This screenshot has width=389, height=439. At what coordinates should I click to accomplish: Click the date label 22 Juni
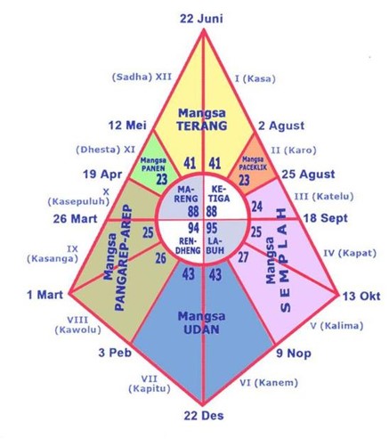[x=201, y=19]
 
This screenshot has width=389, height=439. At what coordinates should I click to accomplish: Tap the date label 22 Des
[x=204, y=416]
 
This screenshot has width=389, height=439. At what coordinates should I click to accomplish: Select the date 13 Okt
[x=361, y=296]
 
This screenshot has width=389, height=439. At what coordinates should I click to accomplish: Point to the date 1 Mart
[x=45, y=295]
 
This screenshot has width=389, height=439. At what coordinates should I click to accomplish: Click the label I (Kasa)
[x=255, y=79]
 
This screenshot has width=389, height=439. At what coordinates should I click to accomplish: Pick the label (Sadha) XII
[x=142, y=77]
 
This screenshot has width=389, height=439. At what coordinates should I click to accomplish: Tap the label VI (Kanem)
[x=269, y=383]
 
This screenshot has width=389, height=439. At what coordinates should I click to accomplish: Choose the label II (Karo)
[x=294, y=150]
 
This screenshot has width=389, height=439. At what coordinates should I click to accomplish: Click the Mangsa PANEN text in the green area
[x=153, y=164]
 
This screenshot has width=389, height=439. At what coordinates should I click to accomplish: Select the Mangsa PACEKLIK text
[x=253, y=164]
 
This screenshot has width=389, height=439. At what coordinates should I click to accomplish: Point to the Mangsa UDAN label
[x=202, y=322]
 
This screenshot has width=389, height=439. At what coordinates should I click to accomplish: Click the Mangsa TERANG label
[x=202, y=119]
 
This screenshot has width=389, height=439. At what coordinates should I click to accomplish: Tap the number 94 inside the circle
[x=194, y=228]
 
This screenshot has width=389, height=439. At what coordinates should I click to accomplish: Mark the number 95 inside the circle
[x=212, y=228]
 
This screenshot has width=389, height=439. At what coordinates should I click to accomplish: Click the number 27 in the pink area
[x=243, y=257]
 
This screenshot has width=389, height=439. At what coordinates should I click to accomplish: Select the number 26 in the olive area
[x=161, y=258]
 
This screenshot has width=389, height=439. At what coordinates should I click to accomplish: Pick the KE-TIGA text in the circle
[x=219, y=194]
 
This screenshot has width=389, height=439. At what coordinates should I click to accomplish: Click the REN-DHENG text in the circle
[x=188, y=246]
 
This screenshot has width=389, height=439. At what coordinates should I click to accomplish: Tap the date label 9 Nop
[x=294, y=354]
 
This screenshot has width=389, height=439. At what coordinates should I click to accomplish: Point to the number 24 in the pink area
[x=257, y=207]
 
